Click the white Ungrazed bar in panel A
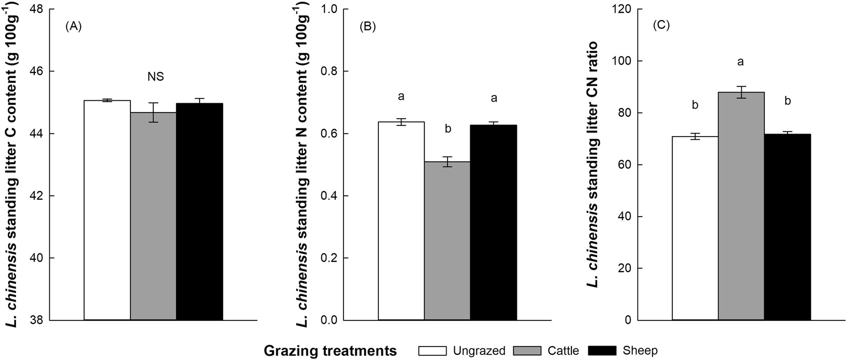(x=107, y=211)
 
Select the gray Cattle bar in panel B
(x=447, y=241)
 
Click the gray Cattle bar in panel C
(x=741, y=206)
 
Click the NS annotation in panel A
(x=156, y=77)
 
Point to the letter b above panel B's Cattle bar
(x=448, y=128)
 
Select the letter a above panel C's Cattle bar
(x=741, y=62)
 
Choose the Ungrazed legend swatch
(x=433, y=351)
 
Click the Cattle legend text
(x=563, y=351)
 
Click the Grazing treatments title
(x=330, y=351)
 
